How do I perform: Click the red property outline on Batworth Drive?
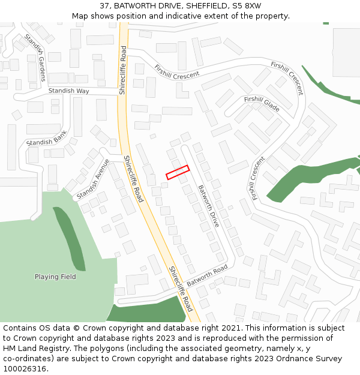178,172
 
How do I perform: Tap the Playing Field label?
55,277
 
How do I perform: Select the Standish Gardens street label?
35,58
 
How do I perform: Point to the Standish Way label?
68,91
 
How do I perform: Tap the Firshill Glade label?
262,104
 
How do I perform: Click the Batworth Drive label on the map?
209,205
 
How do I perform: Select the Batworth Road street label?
207,275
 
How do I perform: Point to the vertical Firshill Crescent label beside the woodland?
259,178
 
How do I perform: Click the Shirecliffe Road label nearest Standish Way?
122,71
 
